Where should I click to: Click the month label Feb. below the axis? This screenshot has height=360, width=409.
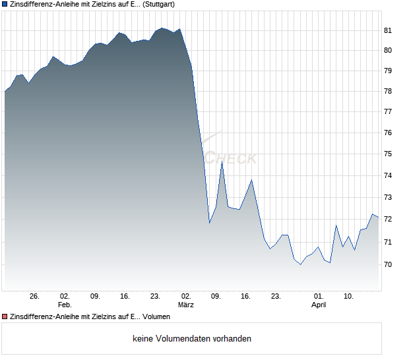click(x=65, y=305)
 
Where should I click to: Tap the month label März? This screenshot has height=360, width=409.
click(x=186, y=305)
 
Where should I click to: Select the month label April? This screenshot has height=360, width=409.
click(x=319, y=305)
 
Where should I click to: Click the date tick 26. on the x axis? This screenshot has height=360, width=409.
click(x=34, y=296)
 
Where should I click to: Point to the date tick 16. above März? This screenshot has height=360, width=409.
click(x=246, y=296)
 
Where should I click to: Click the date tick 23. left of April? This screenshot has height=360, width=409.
click(x=276, y=296)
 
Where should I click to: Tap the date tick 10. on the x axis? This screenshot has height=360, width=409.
click(x=348, y=296)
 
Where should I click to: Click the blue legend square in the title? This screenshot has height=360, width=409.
click(x=5, y=4)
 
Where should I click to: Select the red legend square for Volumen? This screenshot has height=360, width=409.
click(x=5, y=317)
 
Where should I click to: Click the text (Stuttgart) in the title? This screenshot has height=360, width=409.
click(x=161, y=4)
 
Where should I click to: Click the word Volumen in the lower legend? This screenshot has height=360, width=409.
click(x=156, y=317)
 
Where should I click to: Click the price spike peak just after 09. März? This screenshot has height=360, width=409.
click(x=222, y=162)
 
